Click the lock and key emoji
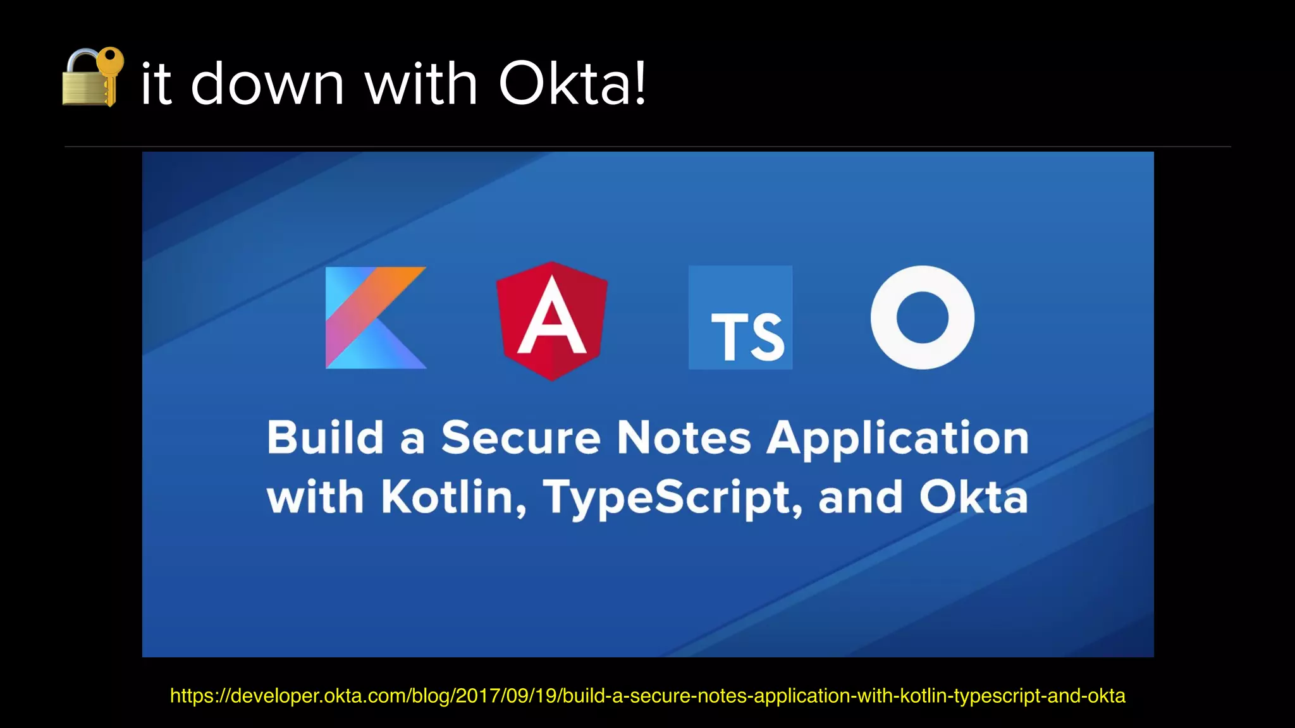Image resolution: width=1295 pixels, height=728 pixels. (x=92, y=77)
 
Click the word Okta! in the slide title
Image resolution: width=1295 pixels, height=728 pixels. (x=572, y=83)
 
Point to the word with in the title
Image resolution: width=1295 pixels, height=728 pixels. (x=421, y=83)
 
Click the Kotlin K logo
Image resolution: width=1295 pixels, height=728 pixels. (x=376, y=317)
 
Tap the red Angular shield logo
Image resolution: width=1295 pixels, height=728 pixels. (x=552, y=320)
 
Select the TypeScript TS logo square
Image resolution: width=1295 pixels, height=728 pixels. (x=740, y=317)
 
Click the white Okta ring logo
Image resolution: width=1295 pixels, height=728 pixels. (x=922, y=317)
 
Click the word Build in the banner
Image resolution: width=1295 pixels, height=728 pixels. (x=325, y=437)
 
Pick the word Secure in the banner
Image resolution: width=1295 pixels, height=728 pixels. (x=520, y=437)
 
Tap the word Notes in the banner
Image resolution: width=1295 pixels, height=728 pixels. (x=684, y=437)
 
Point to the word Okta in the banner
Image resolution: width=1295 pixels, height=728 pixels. (x=973, y=497)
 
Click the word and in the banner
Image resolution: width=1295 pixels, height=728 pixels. (x=860, y=497)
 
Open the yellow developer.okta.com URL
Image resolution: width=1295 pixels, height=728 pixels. (x=647, y=696)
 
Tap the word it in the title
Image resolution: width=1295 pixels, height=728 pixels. (x=156, y=83)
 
